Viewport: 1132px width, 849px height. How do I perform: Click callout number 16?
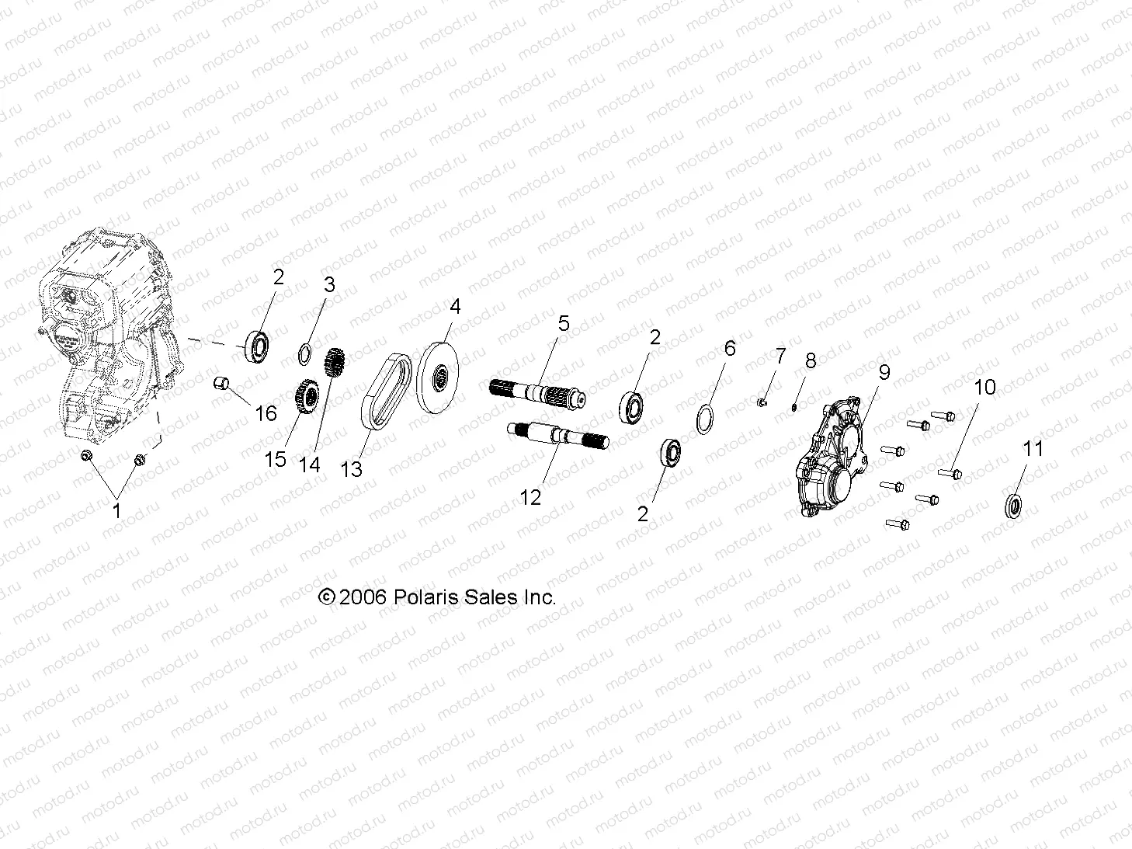click(266, 413)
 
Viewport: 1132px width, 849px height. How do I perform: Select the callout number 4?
click(455, 307)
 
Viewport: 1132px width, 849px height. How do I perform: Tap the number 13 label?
click(352, 469)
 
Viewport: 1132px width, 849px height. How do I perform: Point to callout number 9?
click(884, 373)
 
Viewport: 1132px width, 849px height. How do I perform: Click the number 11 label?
click(1033, 449)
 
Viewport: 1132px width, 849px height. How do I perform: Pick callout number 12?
click(530, 497)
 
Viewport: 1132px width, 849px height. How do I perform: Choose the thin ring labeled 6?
click(706, 419)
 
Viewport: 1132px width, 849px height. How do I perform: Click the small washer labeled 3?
click(306, 353)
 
